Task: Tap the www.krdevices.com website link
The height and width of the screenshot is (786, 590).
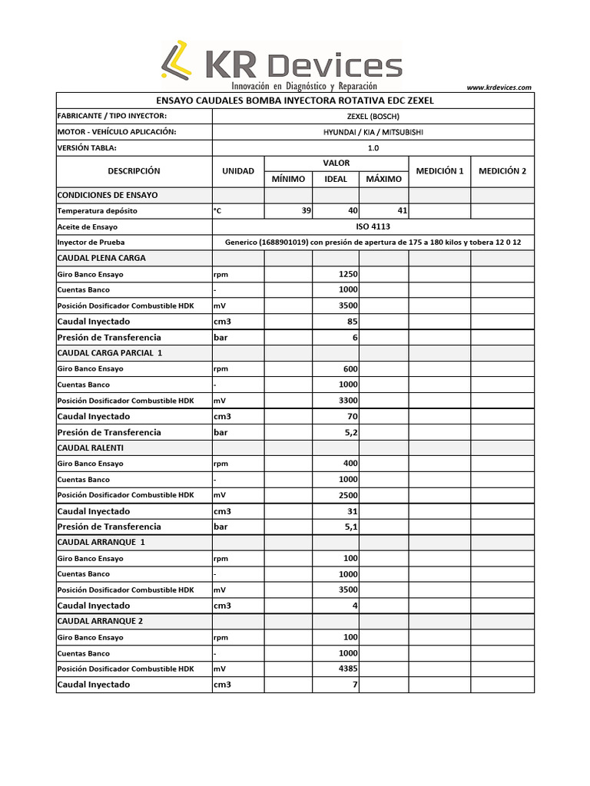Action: (499, 88)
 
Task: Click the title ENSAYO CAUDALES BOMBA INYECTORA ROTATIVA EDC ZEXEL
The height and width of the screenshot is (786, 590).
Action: (295, 101)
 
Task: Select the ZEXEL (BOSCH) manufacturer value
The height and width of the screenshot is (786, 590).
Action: (373, 117)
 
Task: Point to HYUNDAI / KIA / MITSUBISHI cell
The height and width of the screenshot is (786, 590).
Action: (373, 132)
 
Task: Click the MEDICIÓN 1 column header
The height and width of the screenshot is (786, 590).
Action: (439, 171)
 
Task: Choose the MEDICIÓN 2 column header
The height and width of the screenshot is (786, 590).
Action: (502, 171)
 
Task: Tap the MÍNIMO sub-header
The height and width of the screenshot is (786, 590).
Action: (288, 179)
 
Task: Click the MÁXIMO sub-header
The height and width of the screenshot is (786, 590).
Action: (383, 179)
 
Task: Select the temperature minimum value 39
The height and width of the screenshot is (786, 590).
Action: (306, 210)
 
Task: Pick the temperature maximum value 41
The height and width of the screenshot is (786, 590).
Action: (401, 210)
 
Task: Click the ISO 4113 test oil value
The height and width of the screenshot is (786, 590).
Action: (373, 226)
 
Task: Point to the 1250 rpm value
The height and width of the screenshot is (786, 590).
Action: (348, 274)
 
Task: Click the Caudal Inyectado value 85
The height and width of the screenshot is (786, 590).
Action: (353, 322)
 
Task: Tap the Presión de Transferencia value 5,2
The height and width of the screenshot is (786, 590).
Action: (350, 432)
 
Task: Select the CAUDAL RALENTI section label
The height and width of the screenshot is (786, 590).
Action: (91, 447)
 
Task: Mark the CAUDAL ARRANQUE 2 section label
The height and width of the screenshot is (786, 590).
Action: (100, 621)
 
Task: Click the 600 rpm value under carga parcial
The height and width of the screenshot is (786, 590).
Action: (350, 368)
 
